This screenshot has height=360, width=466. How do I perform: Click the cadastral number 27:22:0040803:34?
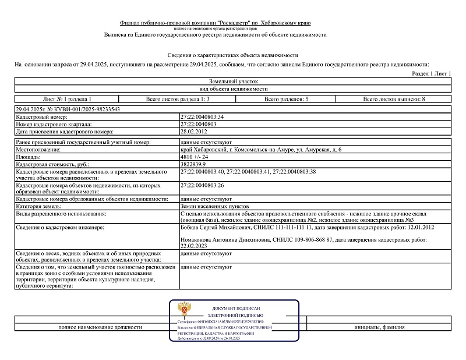coord(203,117)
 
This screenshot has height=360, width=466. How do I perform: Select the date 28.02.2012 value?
coord(195,131)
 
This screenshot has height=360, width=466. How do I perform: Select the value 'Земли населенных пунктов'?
coord(215,206)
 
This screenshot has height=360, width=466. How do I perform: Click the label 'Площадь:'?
coord(29,157)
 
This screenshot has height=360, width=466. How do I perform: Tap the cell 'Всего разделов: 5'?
coord(287,100)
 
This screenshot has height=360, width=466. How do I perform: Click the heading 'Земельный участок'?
coord(233,82)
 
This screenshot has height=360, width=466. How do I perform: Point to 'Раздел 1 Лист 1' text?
coord(432,74)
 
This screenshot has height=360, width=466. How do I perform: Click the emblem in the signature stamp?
coord(184,308)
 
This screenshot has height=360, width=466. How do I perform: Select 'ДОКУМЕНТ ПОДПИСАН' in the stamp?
coord(236,308)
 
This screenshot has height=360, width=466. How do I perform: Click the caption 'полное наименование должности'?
coord(100,327)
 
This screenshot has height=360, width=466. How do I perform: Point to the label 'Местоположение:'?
coord(39,150)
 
